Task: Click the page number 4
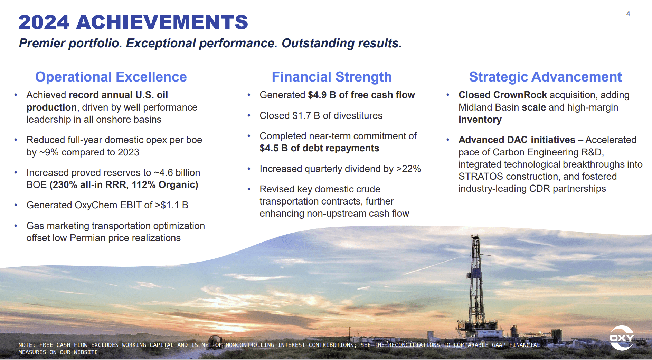point(628,14)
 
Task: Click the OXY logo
point(622,338)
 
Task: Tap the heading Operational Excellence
point(111,77)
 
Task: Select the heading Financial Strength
point(332,77)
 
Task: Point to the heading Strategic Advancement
point(545,77)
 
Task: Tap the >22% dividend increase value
point(408,169)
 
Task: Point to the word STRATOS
point(480,177)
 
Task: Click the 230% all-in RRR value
point(64,185)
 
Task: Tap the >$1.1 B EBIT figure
point(171,205)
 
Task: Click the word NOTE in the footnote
point(26,345)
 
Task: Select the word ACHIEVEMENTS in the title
point(162,22)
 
